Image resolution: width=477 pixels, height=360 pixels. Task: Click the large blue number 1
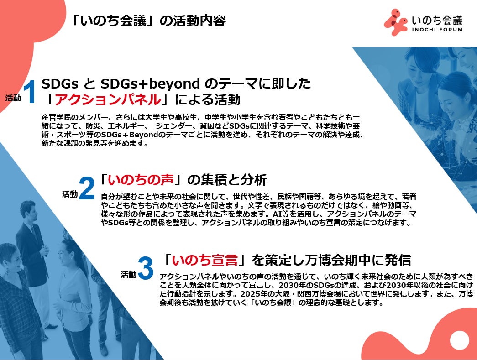point(30,92)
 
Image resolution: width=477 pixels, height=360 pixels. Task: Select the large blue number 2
point(87,188)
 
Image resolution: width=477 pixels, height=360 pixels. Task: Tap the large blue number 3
point(146,268)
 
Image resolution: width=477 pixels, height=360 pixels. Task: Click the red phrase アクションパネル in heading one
point(108,99)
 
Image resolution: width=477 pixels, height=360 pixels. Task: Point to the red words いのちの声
point(141,180)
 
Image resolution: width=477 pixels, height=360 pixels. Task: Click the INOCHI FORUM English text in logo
point(437,30)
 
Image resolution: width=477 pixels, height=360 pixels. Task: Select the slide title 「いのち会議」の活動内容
point(148,21)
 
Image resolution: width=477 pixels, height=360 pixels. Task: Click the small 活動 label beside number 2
point(70,194)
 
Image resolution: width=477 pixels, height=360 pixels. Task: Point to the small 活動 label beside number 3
point(128,274)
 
